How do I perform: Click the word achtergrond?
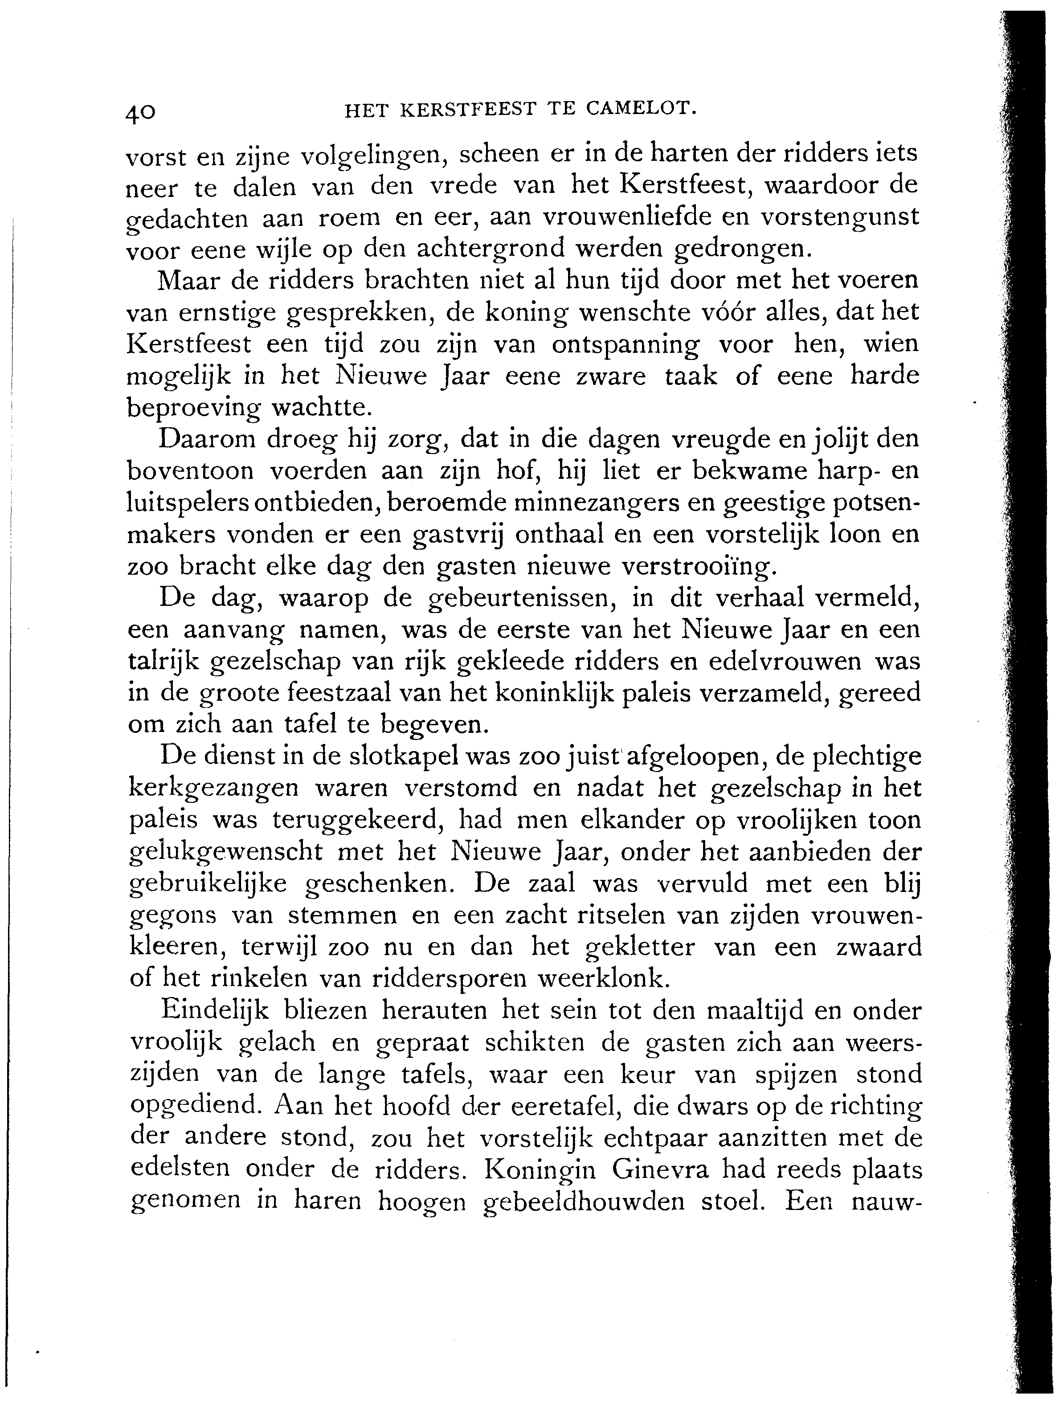(x=490, y=249)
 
